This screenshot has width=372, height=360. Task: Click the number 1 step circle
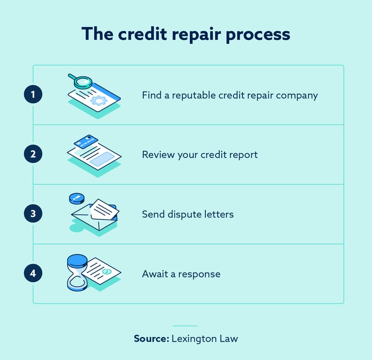click(x=33, y=95)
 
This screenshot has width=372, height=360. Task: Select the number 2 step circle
click(x=33, y=155)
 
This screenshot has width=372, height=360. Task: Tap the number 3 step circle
click(x=33, y=214)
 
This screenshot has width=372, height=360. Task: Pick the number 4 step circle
click(x=33, y=274)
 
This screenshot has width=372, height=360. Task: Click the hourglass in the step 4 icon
click(x=77, y=274)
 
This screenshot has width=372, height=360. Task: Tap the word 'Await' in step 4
click(x=155, y=274)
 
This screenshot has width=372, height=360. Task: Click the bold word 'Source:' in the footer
click(x=151, y=338)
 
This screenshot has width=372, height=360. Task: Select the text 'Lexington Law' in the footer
click(x=205, y=338)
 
